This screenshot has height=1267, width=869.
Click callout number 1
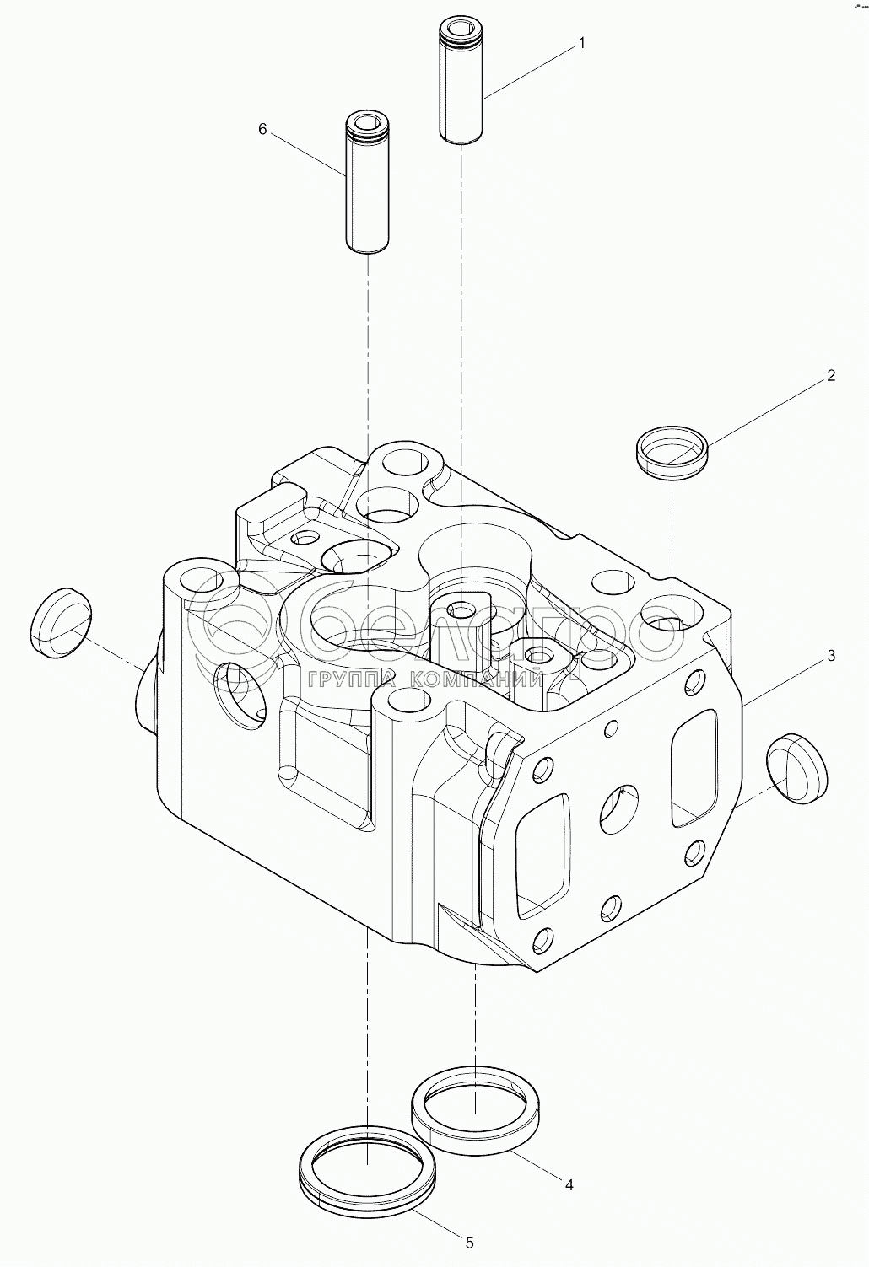coord(580,44)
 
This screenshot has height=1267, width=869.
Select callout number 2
coord(830,376)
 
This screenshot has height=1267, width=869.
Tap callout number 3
coord(830,656)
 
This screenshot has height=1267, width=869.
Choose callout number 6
coord(262,129)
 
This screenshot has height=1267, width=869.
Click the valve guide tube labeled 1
coord(461,80)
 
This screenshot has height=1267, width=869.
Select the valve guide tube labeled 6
coord(367,182)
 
